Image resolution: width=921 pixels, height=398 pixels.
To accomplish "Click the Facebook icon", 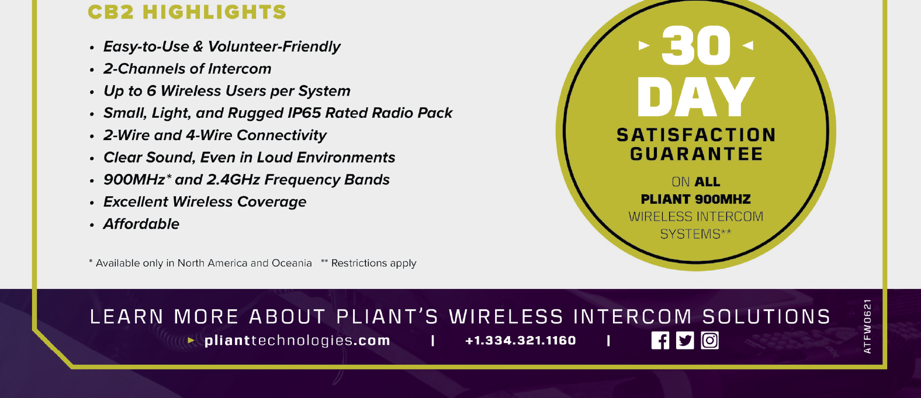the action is tap(660, 340).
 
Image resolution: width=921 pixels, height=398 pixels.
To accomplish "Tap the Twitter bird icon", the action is tap(685, 340).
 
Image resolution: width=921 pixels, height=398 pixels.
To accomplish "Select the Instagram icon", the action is tap(709, 340).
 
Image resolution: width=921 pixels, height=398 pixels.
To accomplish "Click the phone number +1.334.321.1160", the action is tap(521, 340).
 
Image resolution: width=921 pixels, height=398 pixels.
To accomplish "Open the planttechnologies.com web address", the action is tap(297, 340).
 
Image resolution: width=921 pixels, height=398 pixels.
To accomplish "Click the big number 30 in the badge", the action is tap(696, 45).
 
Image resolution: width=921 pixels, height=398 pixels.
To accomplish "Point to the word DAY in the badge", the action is tap(695, 97).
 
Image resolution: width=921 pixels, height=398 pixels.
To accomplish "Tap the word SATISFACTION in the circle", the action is tap(696, 135).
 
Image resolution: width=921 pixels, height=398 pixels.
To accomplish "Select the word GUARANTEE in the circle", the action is tap(696, 154).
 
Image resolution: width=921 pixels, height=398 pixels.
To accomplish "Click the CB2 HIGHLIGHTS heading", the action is tap(187, 12).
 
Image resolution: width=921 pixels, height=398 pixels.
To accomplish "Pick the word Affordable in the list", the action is tap(141, 224).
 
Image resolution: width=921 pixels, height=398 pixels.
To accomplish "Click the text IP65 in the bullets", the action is tap(304, 113).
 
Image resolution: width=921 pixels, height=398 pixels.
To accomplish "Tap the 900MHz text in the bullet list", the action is tap(134, 180).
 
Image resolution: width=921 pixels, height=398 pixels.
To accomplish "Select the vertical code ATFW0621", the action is tap(868, 326).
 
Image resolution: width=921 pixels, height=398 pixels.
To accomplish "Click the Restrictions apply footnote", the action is tap(368, 263).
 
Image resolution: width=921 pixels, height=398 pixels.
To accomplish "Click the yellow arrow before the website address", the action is tap(191, 340).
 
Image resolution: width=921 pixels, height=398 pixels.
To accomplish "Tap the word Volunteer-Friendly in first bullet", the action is tap(274, 47).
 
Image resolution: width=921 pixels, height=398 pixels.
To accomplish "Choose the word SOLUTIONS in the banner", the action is tap(766, 317).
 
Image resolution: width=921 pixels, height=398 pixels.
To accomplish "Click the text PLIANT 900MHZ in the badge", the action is tap(695, 199).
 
